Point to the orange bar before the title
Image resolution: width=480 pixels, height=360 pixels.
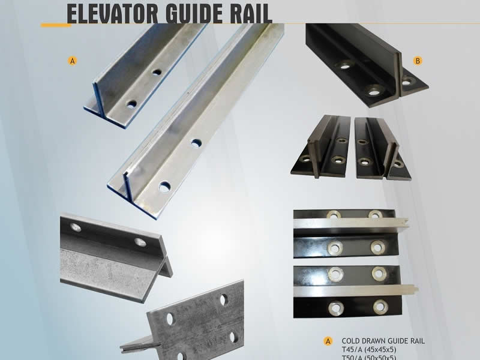[x=53, y=25]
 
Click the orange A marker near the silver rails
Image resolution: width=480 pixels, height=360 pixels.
[x=73, y=61]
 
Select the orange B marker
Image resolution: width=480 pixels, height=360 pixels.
[x=418, y=61]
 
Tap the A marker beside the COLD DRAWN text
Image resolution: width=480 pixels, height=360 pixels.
[x=328, y=341]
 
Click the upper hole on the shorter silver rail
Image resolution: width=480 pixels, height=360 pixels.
[x=157, y=72]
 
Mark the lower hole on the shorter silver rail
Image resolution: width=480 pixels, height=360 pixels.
[x=131, y=104]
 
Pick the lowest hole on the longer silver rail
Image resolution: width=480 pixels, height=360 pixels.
[x=164, y=187]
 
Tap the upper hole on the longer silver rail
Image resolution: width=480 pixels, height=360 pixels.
[x=196, y=143]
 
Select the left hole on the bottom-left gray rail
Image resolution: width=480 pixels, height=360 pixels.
[x=76, y=227]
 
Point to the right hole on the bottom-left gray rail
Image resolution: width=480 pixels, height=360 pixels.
[x=140, y=242]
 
